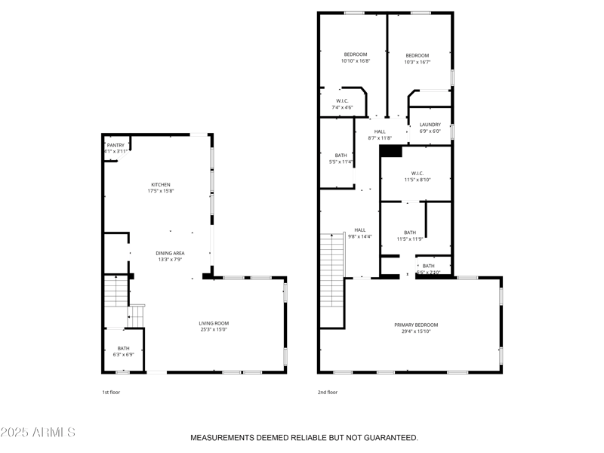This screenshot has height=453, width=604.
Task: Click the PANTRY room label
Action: click(x=116, y=145)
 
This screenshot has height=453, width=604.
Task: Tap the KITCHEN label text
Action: click(x=161, y=184)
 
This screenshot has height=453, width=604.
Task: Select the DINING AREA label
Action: click(x=170, y=253)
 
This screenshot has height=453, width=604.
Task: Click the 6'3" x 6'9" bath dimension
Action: click(x=123, y=354)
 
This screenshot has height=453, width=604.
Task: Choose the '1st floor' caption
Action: click(x=111, y=392)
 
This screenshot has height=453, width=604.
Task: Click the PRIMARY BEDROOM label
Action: click(x=416, y=325)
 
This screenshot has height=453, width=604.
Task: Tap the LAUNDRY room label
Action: click(x=430, y=125)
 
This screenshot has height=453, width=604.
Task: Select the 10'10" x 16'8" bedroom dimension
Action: click(x=355, y=62)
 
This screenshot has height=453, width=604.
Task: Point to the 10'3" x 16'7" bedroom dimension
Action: click(x=417, y=63)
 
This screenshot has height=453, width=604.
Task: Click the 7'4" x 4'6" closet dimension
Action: click(x=342, y=107)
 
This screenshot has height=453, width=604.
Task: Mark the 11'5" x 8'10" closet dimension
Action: click(x=417, y=180)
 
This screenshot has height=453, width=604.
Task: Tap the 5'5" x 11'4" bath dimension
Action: click(x=341, y=162)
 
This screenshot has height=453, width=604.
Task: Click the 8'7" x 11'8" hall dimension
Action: click(x=380, y=137)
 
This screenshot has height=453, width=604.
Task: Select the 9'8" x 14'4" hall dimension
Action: click(x=360, y=236)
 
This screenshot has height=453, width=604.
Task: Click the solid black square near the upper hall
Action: click(x=390, y=151)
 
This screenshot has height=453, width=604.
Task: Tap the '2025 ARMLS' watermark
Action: click(x=38, y=433)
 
